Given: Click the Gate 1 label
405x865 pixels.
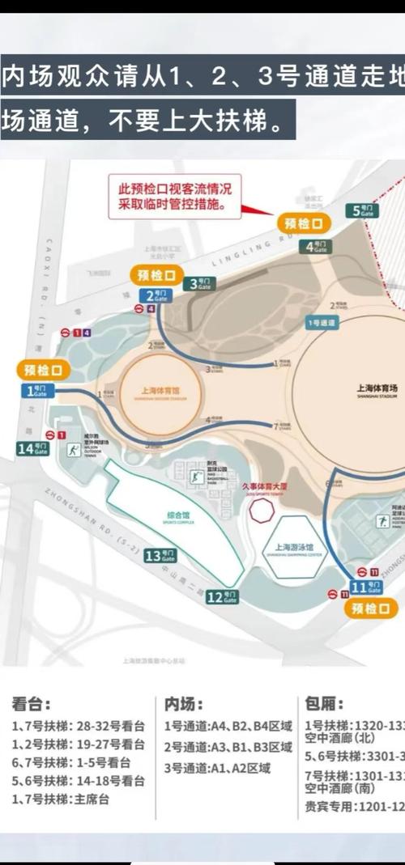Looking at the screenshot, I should (39, 391).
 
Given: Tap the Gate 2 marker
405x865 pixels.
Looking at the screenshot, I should (156, 295).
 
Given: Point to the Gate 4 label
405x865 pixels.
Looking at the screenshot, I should (317, 247).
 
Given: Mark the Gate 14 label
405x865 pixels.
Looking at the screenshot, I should (32, 447).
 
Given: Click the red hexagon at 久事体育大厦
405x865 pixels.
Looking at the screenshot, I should (262, 511).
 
